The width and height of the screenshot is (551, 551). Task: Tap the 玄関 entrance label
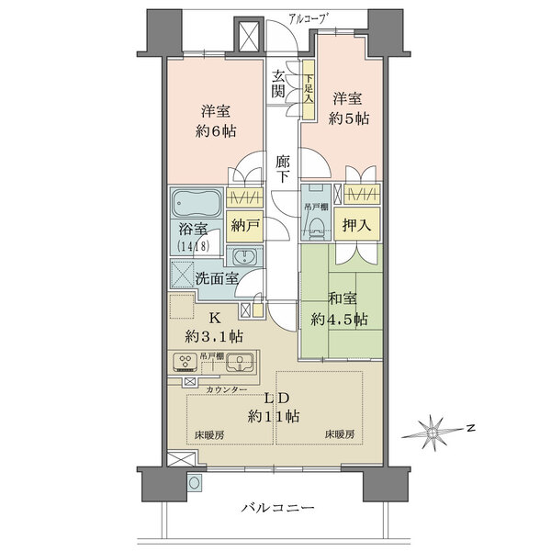[x=277, y=84]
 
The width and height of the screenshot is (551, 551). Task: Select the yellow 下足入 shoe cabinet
[x=309, y=89]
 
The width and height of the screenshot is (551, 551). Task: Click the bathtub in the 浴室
[x=194, y=202]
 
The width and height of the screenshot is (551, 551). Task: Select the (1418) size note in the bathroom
[x=194, y=247]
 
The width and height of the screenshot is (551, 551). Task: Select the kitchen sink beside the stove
[x=237, y=362]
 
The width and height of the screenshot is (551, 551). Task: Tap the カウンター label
[x=225, y=391]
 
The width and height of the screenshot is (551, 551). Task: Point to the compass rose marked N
[x=437, y=429]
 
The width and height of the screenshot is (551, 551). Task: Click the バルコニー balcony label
[x=279, y=508]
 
